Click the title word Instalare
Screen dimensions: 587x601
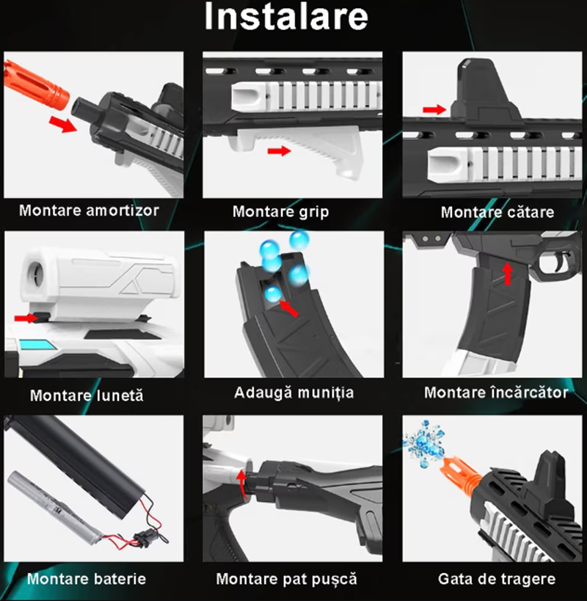[x=286, y=16]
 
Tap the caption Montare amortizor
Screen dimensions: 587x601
[x=89, y=211]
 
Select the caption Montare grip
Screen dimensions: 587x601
[x=280, y=212]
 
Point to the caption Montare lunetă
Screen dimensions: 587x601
[x=87, y=396]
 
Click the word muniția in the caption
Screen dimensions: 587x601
[x=326, y=393]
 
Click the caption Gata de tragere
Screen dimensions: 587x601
[x=497, y=579]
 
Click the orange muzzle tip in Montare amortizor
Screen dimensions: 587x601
[x=37, y=84]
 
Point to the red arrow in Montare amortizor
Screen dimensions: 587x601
[x=63, y=124]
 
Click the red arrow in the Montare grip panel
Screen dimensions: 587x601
[x=280, y=150]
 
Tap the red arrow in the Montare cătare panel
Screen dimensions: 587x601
[x=434, y=109]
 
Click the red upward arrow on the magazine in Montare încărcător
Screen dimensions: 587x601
[x=508, y=273]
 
